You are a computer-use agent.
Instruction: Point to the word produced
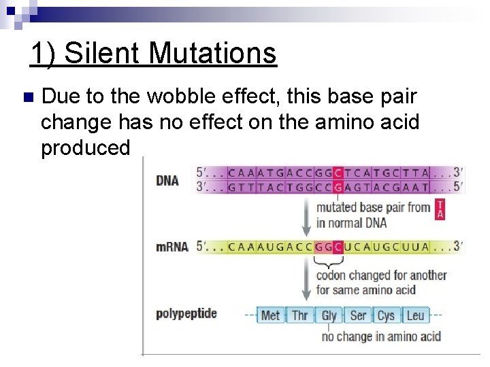(x=85, y=147)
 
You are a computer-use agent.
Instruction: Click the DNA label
(x=167, y=180)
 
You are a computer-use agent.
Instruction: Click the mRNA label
(x=171, y=247)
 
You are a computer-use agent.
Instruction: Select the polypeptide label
(x=186, y=313)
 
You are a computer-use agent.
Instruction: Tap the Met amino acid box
(x=271, y=315)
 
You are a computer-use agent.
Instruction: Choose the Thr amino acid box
(x=300, y=315)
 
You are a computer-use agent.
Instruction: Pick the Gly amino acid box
(x=329, y=315)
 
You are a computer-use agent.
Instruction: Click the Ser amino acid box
(x=358, y=315)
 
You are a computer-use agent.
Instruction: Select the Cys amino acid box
(x=386, y=315)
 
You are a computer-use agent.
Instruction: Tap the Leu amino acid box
(x=415, y=315)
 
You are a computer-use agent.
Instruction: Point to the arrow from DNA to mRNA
(x=305, y=214)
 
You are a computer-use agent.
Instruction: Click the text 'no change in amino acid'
(x=381, y=336)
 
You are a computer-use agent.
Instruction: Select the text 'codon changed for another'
(x=381, y=275)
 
